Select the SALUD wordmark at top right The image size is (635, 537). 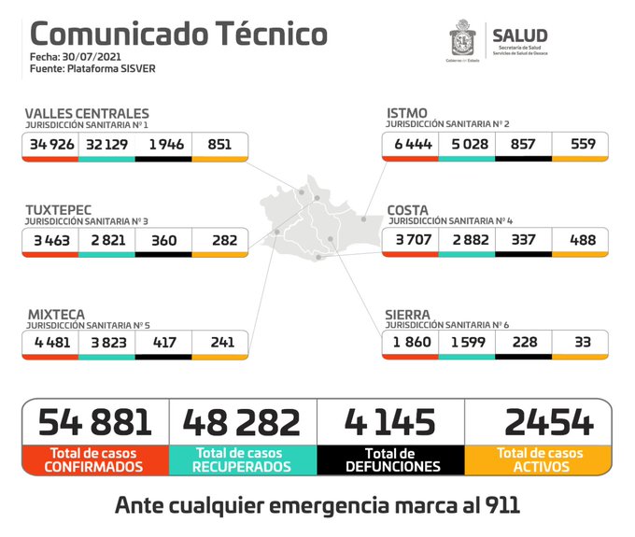tap(519, 36)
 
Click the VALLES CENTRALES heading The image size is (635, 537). tap(87, 113)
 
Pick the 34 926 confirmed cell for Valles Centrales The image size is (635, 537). tap(50, 145)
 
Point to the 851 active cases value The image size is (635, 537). tap(220, 145)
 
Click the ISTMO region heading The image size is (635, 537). tap(407, 113)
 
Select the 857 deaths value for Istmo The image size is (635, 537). tap(523, 145)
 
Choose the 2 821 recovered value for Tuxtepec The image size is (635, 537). tap(106, 241)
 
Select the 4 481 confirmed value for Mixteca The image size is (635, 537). tap(50, 343)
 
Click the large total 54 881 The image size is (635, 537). tap(95, 422)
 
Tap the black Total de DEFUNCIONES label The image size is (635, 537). tap(391, 459)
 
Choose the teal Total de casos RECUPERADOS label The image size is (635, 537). tap(243, 459)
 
